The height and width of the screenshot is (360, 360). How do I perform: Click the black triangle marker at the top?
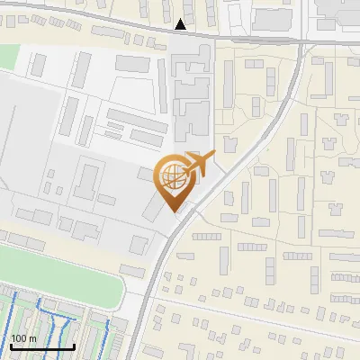[x=182, y=24]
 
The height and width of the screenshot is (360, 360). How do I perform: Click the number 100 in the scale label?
[x=20, y=338]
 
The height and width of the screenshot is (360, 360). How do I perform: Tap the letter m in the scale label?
[x=32, y=338]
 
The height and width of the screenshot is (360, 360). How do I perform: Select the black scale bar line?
[x=42, y=346]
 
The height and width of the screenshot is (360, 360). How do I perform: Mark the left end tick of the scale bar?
[x=11, y=345]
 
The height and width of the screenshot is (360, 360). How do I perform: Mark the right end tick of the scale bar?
[x=74, y=345]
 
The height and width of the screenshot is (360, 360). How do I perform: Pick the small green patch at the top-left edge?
[x=7, y=56]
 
